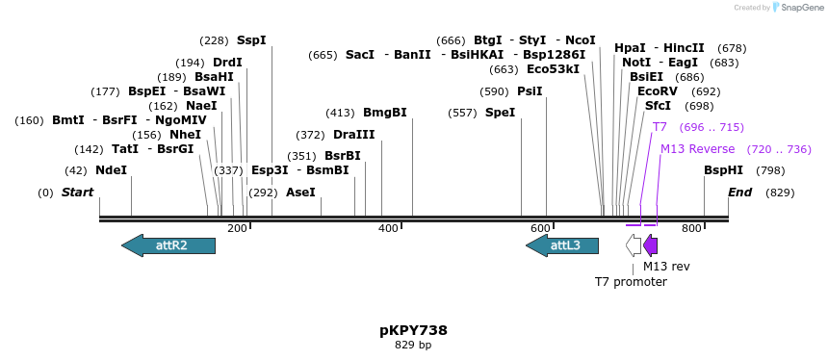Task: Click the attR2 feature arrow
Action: click(x=168, y=245)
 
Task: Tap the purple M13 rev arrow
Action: click(x=651, y=245)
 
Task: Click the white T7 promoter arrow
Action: click(x=634, y=245)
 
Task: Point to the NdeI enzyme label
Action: click(x=111, y=170)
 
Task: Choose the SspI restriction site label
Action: click(x=251, y=40)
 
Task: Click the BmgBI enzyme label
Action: click(x=385, y=113)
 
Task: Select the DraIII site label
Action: click(x=353, y=135)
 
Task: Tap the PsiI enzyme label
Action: click(x=530, y=91)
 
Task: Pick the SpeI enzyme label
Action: click(x=500, y=113)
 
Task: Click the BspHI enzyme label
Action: click(x=723, y=170)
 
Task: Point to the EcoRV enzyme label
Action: click(x=658, y=91)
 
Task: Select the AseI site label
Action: click(x=300, y=193)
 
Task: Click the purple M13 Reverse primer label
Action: click(x=697, y=149)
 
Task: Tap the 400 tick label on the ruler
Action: click(x=388, y=228)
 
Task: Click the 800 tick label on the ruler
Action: click(x=691, y=228)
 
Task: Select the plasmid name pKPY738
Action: click(x=413, y=330)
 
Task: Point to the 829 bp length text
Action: click(x=413, y=345)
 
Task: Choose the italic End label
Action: click(x=739, y=193)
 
